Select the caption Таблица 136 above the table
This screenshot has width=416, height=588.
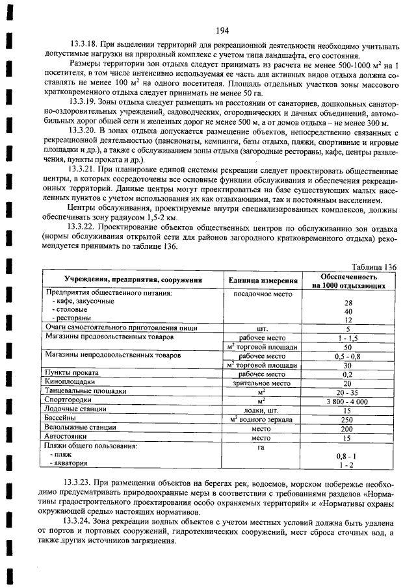[x=373, y=266]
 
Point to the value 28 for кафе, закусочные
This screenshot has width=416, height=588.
[x=348, y=303]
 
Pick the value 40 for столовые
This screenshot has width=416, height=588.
[x=348, y=311]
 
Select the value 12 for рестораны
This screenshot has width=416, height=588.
[x=348, y=320]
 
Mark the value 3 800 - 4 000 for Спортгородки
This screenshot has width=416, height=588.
[x=348, y=402]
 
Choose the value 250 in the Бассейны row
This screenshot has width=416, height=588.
[x=348, y=420]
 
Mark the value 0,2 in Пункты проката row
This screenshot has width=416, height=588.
[x=348, y=374]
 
